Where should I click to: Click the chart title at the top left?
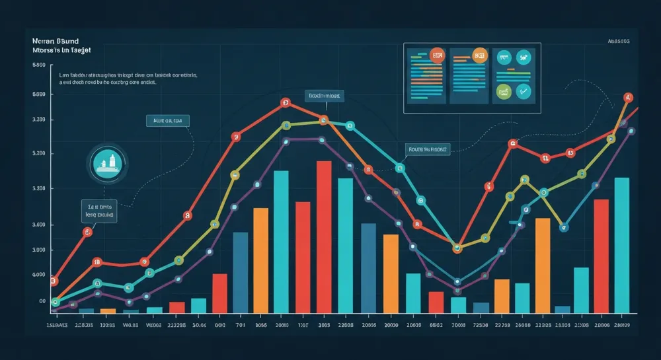61,45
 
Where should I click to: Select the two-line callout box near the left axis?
98,210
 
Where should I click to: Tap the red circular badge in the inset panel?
436,55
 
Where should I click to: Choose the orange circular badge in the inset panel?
479,55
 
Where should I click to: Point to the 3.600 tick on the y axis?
38,225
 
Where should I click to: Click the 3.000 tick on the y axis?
38,250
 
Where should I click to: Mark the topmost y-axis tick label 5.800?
38,65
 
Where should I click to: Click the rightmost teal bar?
622,244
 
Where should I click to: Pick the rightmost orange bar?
543,264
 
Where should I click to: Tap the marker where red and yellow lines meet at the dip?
457,248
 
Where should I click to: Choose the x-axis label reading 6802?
436,326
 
